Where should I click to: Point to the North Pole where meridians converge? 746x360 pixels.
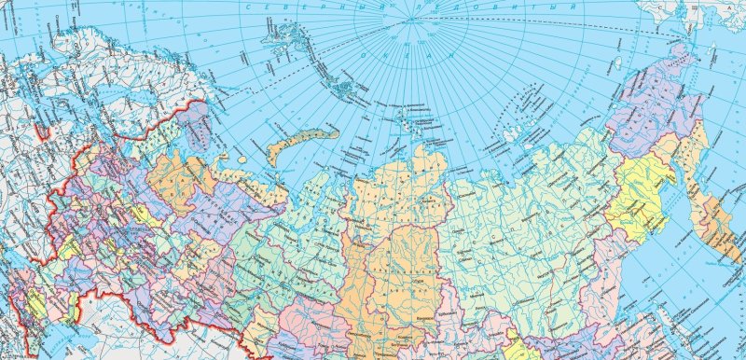coord(410,20)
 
